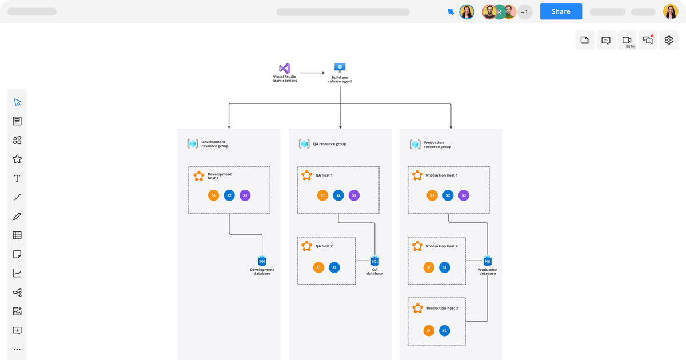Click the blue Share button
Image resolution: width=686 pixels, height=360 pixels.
(561, 11)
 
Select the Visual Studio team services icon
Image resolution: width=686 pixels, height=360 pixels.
(284, 69)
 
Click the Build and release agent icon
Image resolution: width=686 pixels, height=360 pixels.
(340, 68)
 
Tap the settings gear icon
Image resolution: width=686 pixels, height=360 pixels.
(669, 40)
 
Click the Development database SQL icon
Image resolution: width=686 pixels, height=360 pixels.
(262, 261)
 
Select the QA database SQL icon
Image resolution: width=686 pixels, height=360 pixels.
(375, 261)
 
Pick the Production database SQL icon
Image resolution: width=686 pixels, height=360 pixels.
(488, 261)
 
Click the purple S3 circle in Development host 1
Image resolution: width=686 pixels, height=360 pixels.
(245, 195)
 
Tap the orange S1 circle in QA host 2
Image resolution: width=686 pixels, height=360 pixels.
(318, 267)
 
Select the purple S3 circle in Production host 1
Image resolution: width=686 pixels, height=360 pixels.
(464, 195)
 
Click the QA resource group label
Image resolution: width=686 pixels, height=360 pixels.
(330, 144)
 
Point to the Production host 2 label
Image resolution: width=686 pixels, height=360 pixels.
(442, 246)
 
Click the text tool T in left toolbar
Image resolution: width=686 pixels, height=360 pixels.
(17, 178)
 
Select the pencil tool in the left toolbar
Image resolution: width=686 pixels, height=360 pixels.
(17, 216)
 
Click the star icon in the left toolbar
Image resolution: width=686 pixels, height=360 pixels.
(17, 159)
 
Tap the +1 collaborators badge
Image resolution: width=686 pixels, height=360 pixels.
(525, 12)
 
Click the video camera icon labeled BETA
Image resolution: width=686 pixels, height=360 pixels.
(627, 40)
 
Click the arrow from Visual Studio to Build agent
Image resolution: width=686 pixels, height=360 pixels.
(312, 73)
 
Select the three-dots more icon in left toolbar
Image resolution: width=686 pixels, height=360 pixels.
(17, 349)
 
